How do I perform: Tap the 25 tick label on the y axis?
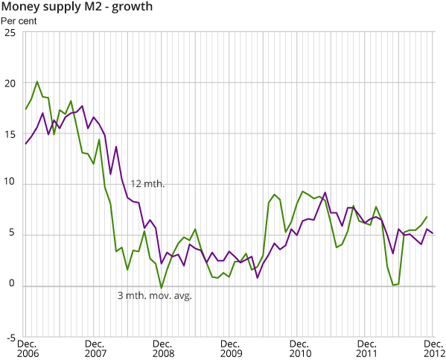click(9, 33)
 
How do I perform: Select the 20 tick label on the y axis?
click(9, 83)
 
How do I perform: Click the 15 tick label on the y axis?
click(9, 134)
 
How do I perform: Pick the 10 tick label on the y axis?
click(9, 185)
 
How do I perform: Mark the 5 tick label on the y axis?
click(12, 236)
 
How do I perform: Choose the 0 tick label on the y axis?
click(12, 286)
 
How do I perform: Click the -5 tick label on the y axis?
click(10, 337)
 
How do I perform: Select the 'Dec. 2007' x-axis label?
click(95, 348)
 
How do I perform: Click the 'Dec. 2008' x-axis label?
click(163, 348)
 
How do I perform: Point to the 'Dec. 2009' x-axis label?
click(232, 348)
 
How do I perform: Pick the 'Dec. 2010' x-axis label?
click(300, 348)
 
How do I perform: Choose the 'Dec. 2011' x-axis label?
click(369, 348)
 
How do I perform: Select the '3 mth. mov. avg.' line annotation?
click(154, 296)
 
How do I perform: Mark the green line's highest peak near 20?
click(37, 82)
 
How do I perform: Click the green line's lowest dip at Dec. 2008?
click(162, 288)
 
